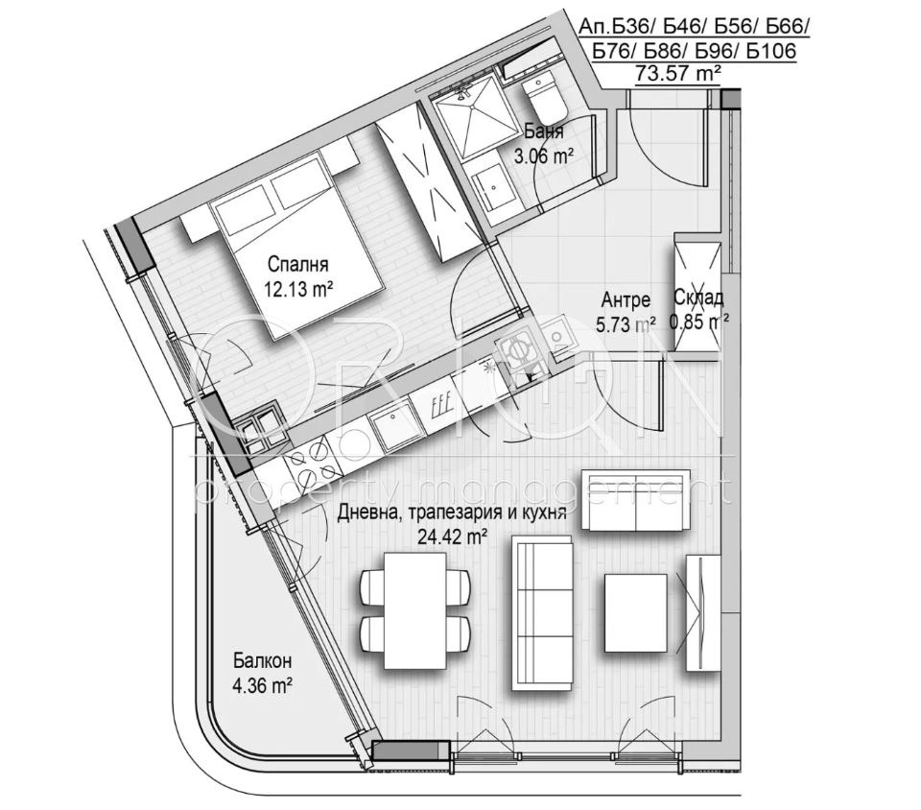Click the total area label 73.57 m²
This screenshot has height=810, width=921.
click(678, 74)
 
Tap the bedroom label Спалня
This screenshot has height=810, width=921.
click(297, 264)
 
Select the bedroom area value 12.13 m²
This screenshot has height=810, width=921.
click(299, 289)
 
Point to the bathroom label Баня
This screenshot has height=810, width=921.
click(544, 131)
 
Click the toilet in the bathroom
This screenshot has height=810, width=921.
click(545, 99)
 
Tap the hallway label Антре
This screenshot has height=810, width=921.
click(626, 299)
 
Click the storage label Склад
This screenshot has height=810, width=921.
click(698, 298)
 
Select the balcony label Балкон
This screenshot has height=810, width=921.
click(262, 661)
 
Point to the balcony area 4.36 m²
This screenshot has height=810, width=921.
click(263, 685)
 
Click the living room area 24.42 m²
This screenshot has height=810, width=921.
click(452, 536)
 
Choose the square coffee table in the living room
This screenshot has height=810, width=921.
click(635, 613)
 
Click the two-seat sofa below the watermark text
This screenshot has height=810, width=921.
click(635, 500)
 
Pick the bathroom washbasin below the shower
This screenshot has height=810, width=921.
click(493, 187)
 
